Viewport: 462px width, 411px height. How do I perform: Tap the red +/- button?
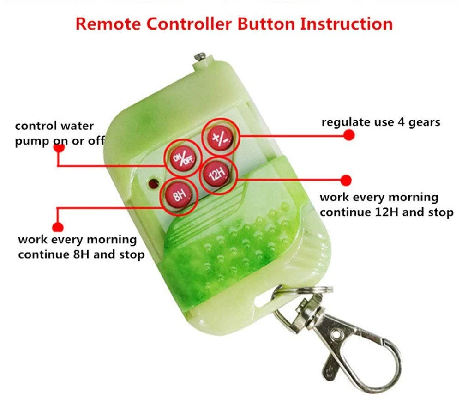(x=220, y=137)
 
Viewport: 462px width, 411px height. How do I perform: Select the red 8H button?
(x=179, y=195)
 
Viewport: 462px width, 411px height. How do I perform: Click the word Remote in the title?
(x=108, y=24)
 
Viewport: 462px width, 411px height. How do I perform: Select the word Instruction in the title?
(x=347, y=24)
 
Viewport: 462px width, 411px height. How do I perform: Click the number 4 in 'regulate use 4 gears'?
(x=401, y=122)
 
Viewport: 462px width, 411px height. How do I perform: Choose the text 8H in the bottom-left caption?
(x=81, y=254)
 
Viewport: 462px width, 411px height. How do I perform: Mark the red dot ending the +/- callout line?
(x=349, y=135)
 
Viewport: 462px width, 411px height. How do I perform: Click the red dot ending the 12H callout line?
(x=346, y=180)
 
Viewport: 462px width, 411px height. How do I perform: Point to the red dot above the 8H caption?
(x=58, y=227)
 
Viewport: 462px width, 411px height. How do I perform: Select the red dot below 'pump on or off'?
(x=59, y=148)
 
